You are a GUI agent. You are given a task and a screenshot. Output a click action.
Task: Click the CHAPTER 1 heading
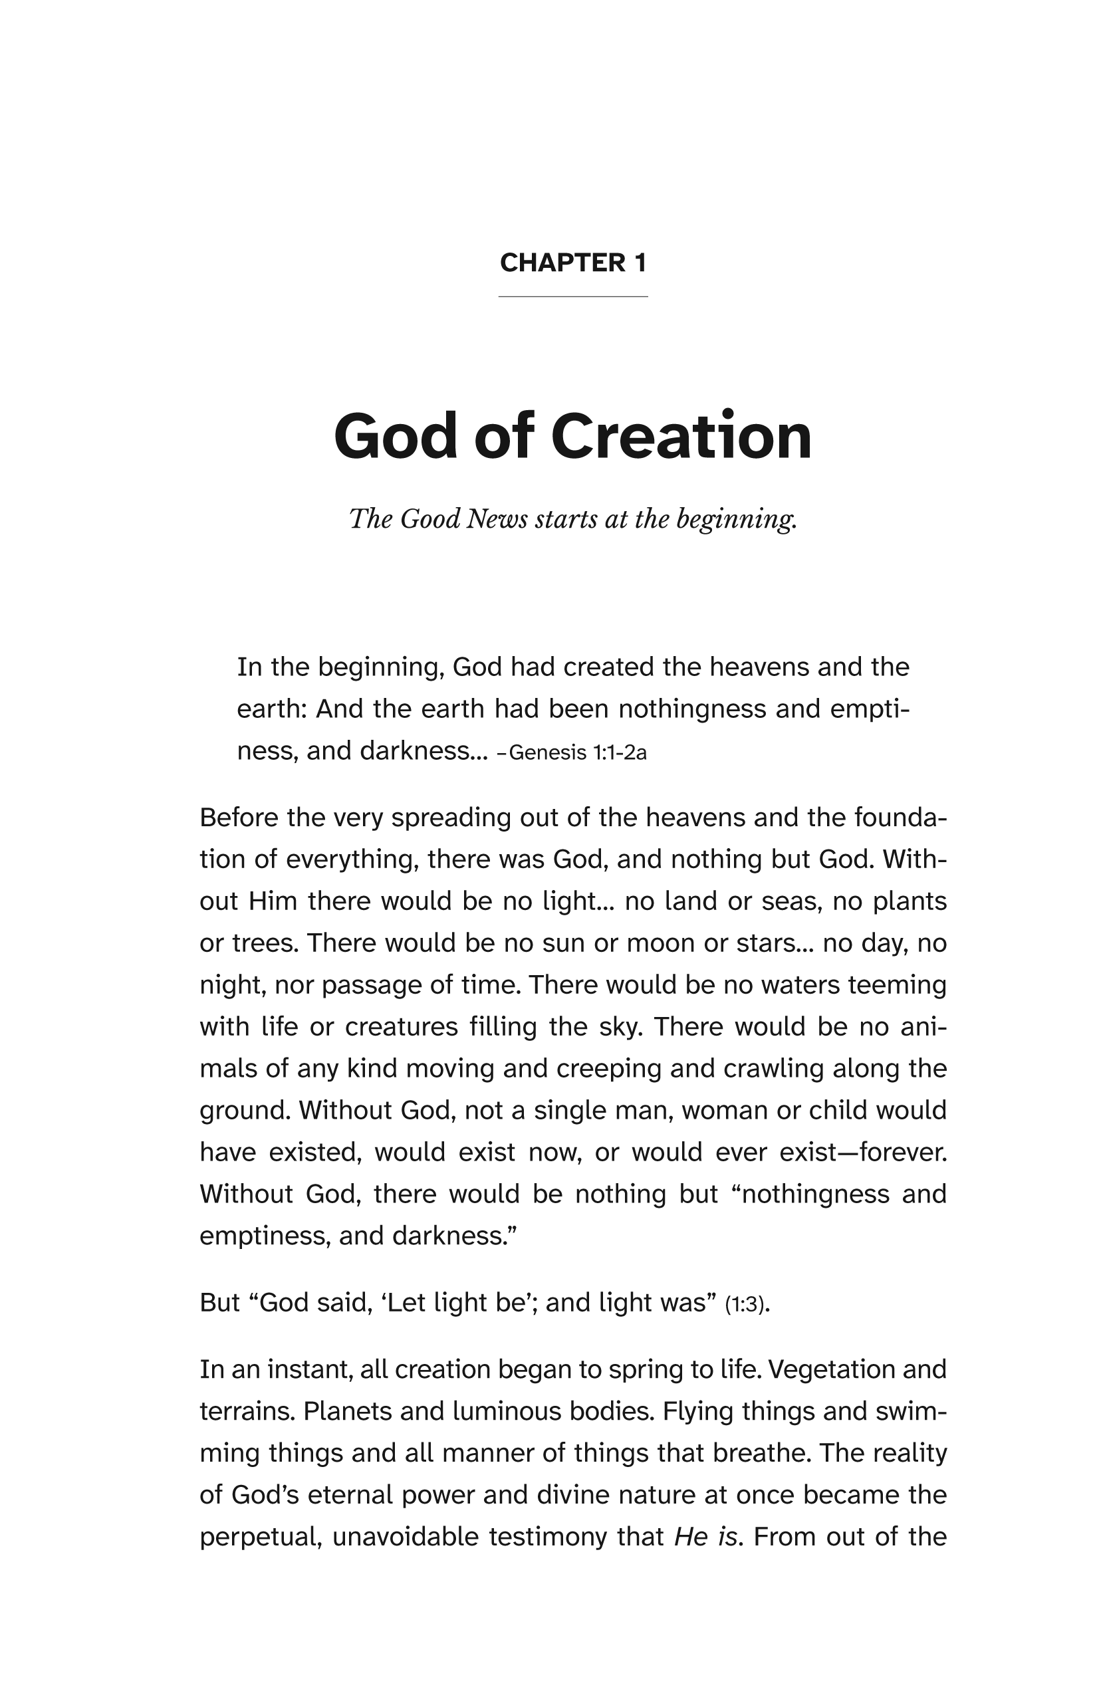click(x=572, y=263)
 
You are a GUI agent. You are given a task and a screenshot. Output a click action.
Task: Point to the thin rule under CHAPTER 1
click(x=572, y=296)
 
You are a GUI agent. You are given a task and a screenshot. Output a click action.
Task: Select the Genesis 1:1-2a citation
click(x=577, y=752)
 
